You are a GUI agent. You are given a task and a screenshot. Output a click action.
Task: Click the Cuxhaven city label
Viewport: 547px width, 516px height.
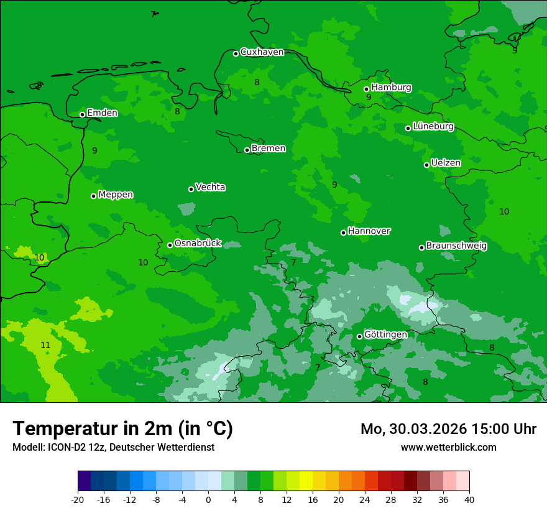[x=262, y=52]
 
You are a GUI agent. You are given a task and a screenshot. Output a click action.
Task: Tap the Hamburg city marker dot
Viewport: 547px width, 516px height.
[x=367, y=89]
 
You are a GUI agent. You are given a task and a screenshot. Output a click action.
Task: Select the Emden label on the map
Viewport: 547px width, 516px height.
[x=102, y=113]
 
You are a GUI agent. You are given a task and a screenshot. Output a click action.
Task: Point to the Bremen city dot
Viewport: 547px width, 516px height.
[x=247, y=150]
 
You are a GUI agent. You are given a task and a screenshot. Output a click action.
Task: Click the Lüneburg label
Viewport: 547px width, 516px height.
[x=433, y=126]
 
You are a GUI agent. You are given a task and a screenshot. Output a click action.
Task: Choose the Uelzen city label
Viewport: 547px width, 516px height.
[x=446, y=163]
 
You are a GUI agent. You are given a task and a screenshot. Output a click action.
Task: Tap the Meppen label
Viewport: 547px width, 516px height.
[x=116, y=195]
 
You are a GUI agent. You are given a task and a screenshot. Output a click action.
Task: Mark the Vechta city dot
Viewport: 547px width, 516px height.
[x=191, y=189]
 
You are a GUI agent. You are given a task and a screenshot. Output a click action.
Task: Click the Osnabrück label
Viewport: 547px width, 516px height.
[x=198, y=243]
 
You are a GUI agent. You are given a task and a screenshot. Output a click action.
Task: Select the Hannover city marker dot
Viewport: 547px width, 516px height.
[x=343, y=233]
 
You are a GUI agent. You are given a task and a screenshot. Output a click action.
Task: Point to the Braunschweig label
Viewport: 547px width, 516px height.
[x=456, y=246]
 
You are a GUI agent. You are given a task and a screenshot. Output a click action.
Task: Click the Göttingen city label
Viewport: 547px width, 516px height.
[x=385, y=334]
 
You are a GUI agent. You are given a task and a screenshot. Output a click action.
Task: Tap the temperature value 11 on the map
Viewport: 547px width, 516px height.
[x=45, y=345]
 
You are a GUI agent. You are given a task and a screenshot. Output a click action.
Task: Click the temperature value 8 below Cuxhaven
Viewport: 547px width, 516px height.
[x=257, y=82]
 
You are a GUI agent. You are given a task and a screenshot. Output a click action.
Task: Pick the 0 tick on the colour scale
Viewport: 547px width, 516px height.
[x=208, y=499]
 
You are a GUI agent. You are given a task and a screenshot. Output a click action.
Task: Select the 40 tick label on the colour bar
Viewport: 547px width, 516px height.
[x=469, y=499]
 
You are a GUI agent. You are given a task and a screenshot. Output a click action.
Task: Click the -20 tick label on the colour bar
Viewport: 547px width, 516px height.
[x=77, y=499]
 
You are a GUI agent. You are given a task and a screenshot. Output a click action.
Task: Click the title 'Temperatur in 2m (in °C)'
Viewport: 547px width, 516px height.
[x=122, y=428]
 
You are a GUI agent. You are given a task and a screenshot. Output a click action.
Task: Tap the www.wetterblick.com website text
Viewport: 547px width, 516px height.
[x=448, y=448]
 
